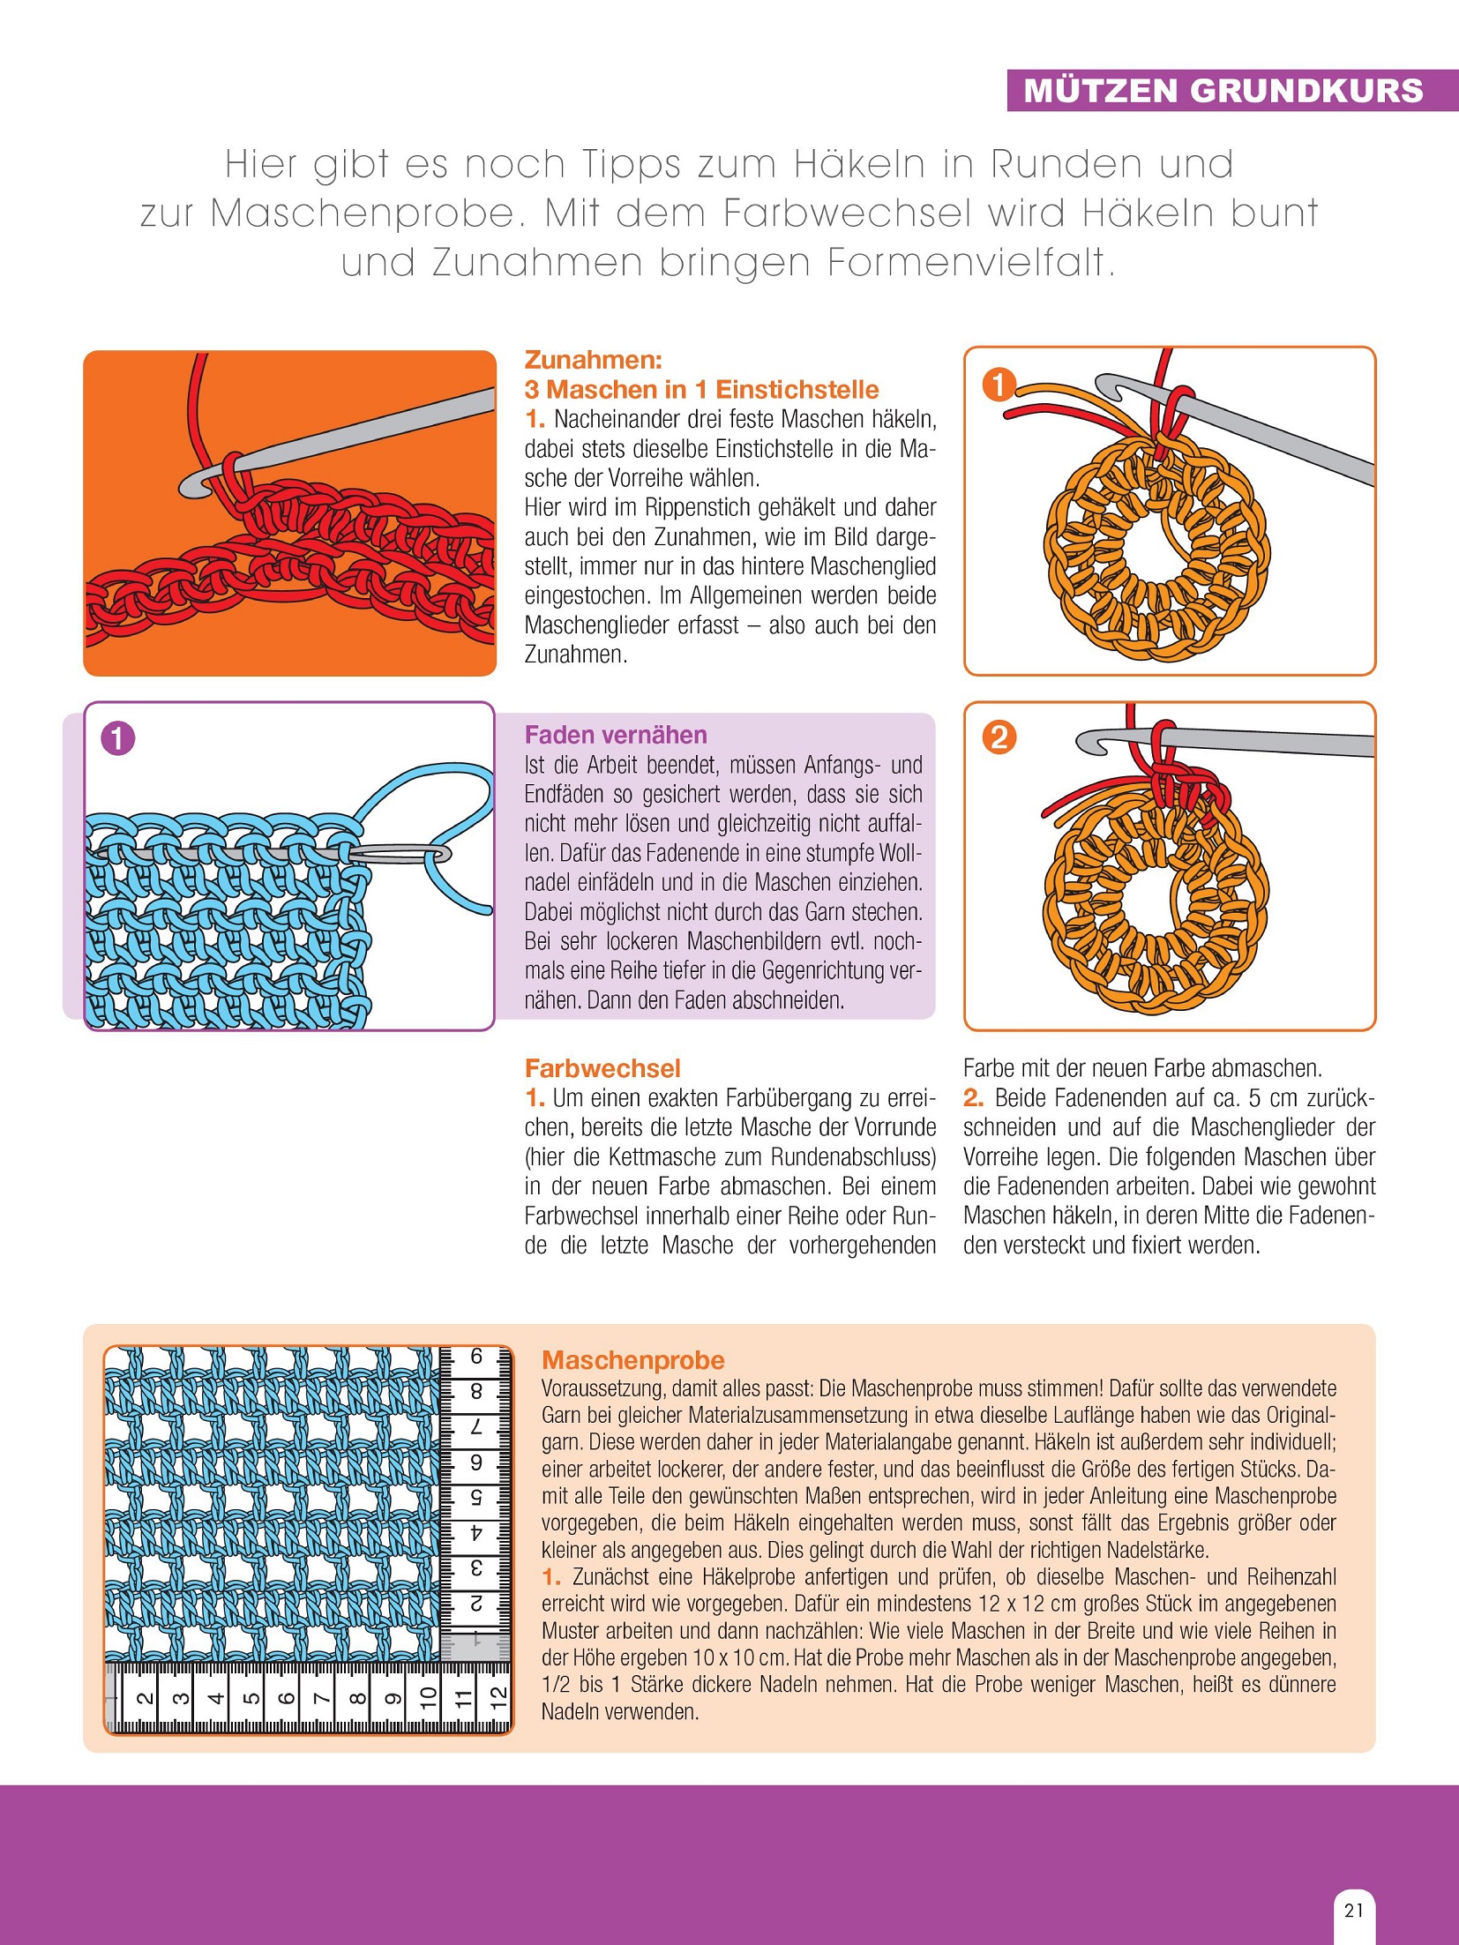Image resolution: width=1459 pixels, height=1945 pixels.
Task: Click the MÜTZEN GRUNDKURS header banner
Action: click(x=1223, y=91)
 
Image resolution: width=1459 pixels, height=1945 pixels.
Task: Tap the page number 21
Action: click(x=1354, y=1910)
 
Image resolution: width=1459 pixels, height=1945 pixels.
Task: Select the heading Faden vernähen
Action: click(x=616, y=735)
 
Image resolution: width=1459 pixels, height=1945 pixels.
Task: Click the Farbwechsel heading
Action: click(x=602, y=1068)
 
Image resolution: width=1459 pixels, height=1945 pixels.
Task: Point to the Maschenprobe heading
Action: click(x=632, y=1359)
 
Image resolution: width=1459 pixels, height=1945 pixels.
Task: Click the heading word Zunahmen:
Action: click(x=593, y=360)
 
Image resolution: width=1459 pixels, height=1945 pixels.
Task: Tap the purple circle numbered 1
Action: click(x=118, y=737)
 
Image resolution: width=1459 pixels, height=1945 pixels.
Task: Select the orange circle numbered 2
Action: click(x=999, y=737)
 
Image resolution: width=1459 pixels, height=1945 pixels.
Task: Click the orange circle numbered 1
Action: click(x=999, y=385)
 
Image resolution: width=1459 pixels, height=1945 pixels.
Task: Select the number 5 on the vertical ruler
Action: click(x=476, y=1497)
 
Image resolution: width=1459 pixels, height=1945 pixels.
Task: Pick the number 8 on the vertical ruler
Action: click(x=476, y=1392)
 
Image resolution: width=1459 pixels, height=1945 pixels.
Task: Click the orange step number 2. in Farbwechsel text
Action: click(x=973, y=1098)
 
